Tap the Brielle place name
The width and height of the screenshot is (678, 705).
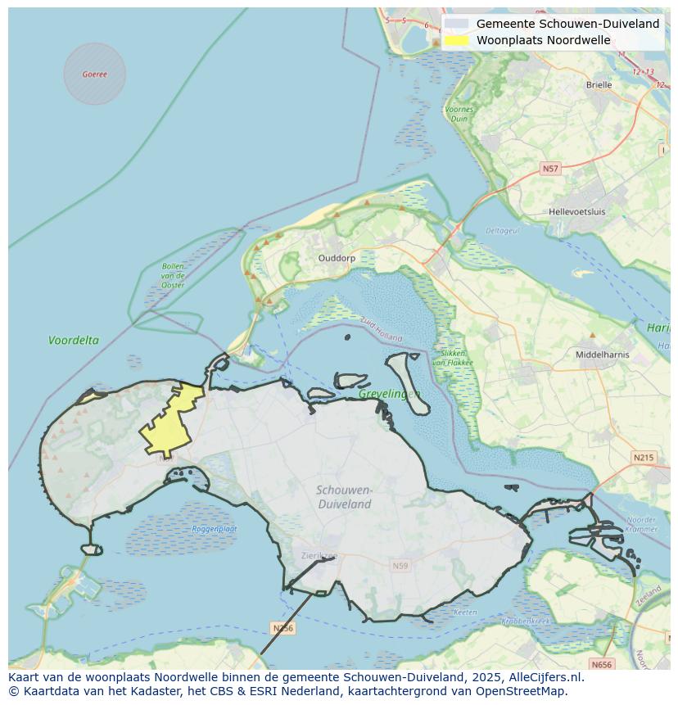coord(599,84)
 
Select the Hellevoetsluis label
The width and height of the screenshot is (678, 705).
coord(576,211)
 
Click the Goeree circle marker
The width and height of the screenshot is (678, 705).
coord(95,74)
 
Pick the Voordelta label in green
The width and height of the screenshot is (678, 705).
coord(74,340)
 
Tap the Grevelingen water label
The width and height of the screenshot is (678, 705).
coord(389,394)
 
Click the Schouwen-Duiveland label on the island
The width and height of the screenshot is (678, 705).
coord(345,497)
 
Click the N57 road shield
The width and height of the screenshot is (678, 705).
coord(550,169)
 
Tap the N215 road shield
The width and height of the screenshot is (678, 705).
coord(644,457)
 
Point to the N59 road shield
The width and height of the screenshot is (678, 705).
coord(400,566)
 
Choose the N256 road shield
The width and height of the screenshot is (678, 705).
coord(282,628)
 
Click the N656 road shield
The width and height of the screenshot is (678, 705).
coord(601,664)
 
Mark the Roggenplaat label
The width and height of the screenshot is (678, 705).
coord(215,529)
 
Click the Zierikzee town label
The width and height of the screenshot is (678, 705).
coord(318,555)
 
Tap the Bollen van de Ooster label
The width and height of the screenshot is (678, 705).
coord(173,275)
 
